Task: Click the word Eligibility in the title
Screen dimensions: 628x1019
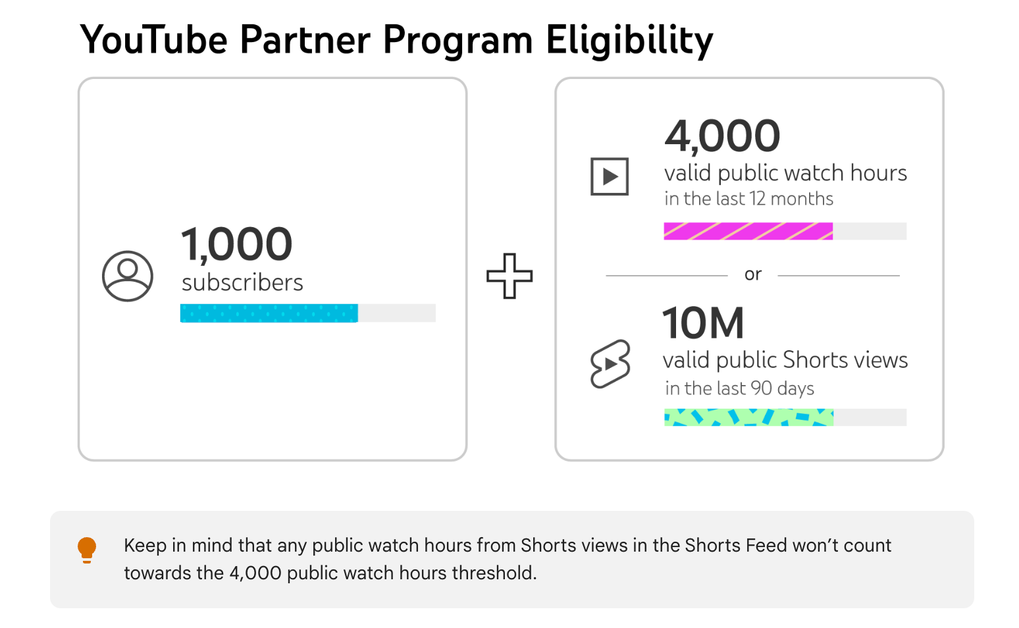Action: (x=629, y=40)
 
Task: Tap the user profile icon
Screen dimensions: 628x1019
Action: (x=128, y=276)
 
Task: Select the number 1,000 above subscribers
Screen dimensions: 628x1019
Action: (x=236, y=244)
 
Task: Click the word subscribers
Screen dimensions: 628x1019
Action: (x=242, y=282)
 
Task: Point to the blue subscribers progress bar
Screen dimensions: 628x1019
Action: (x=269, y=313)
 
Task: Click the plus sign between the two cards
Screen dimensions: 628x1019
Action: (x=509, y=276)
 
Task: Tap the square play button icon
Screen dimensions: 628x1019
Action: (x=610, y=176)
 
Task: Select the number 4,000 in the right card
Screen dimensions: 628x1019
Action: (x=722, y=136)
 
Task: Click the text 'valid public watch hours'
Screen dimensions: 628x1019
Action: (x=785, y=173)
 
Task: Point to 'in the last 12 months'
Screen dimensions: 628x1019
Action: (x=748, y=199)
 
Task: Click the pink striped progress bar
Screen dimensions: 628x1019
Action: (x=748, y=231)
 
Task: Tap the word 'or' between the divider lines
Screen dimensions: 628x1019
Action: (x=753, y=275)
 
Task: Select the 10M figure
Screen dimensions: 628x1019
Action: (x=703, y=323)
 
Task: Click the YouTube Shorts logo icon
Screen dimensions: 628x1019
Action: (x=610, y=363)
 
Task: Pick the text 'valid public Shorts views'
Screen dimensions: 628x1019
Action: (x=785, y=360)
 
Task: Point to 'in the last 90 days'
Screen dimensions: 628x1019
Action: (x=739, y=388)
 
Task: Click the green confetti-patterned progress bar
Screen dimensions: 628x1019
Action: (x=748, y=417)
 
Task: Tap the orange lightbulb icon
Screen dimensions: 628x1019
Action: (x=87, y=550)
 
